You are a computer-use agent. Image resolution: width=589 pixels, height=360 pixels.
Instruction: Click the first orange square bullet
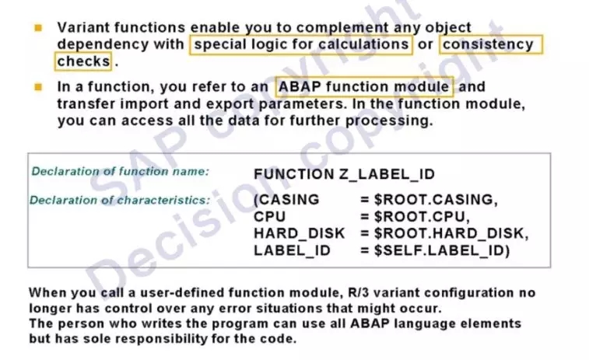[38, 28]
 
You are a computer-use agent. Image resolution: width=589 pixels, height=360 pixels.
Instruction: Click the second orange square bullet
[38, 87]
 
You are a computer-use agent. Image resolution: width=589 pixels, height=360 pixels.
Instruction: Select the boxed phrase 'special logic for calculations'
[301, 44]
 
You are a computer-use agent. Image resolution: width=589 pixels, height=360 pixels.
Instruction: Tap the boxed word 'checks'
[84, 61]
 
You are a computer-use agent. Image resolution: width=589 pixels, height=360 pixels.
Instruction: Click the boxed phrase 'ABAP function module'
[363, 87]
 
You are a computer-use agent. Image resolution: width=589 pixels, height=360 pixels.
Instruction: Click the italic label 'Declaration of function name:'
[120, 172]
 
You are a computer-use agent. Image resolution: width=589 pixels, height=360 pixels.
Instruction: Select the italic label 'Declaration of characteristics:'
[120, 200]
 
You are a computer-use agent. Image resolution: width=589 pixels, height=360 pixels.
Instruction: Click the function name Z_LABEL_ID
[387, 174]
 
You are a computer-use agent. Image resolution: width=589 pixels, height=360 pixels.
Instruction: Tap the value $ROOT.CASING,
[436, 200]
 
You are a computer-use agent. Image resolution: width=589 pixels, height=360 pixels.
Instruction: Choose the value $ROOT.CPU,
[422, 217]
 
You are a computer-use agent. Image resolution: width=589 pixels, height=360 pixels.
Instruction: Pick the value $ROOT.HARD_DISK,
[451, 233]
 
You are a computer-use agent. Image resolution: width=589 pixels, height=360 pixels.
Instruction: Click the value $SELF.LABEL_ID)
[442, 250]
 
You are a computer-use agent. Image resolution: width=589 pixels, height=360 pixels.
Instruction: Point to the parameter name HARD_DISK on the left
[300, 233]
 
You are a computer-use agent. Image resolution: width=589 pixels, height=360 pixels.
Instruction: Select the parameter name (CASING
[286, 200]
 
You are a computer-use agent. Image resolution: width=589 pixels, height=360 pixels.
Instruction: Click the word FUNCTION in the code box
[294, 174]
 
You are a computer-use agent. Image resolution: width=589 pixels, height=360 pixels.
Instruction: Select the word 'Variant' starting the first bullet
[83, 27]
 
